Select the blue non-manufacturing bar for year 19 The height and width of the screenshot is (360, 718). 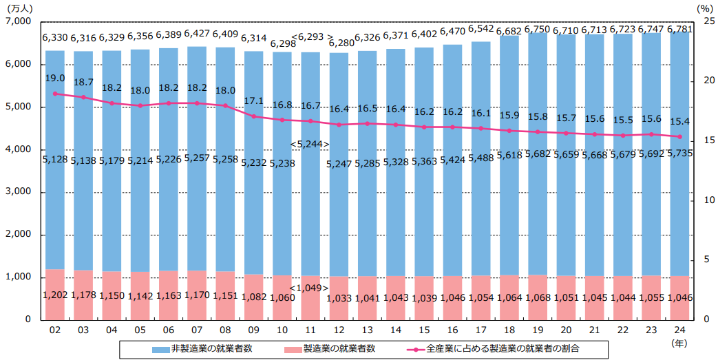click(538, 207)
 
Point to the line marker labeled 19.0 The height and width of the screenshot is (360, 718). click(55, 94)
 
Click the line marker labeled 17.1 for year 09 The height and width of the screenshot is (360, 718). click(254, 116)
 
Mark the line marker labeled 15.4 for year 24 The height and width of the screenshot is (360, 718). click(679, 136)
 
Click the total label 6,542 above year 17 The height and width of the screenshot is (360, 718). click(481, 29)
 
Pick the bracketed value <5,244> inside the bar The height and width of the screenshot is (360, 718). click(310, 144)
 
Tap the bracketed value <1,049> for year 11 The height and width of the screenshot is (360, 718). click(310, 287)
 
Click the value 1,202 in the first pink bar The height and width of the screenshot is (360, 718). click(55, 297)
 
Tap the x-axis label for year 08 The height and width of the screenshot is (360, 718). click(226, 331)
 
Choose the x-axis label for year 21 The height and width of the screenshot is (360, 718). click(595, 331)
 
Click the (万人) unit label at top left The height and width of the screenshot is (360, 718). click(20, 8)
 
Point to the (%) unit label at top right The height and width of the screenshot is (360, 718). click(702, 8)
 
